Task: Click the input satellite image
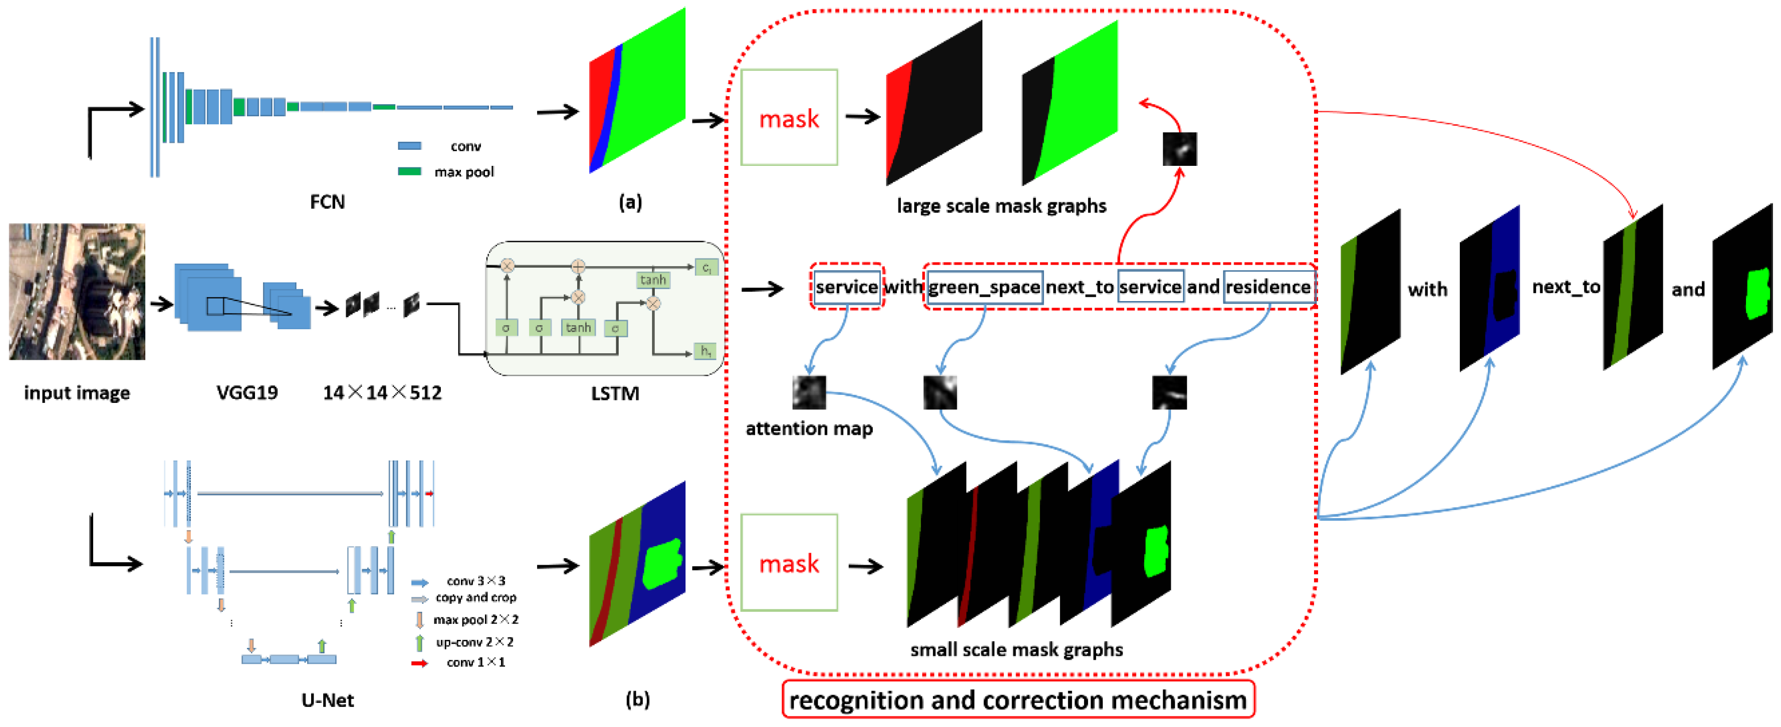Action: pos(77,291)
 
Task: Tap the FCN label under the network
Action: pos(327,202)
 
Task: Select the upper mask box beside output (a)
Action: pos(789,118)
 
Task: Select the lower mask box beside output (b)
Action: pos(789,562)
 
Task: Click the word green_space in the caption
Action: pos(984,287)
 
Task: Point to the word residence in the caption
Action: pos(1268,287)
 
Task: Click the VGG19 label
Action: pos(247,393)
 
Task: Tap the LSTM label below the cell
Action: pos(615,394)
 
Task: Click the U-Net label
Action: pos(327,700)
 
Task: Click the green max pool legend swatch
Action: pos(409,171)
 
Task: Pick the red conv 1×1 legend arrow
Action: pos(419,663)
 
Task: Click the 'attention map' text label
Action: pos(809,429)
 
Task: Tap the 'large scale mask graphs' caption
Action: pos(1001,206)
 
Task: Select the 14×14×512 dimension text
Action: pos(382,393)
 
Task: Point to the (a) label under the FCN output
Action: pos(630,202)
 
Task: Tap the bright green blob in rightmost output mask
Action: pos(1757,294)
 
